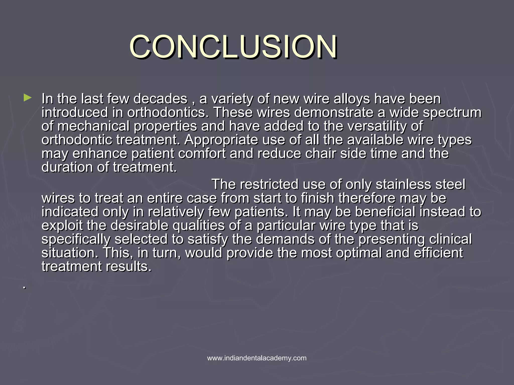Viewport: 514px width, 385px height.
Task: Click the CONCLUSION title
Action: point(233,47)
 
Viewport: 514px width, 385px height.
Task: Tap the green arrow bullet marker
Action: point(27,98)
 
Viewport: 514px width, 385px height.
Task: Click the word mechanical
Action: point(93,126)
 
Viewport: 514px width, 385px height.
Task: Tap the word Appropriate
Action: point(221,140)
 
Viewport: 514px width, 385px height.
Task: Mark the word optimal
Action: point(359,253)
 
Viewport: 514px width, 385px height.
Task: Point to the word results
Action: point(128,266)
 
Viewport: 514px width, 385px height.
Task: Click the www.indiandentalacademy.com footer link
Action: point(257,358)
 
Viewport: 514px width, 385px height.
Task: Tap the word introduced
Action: point(75,113)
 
